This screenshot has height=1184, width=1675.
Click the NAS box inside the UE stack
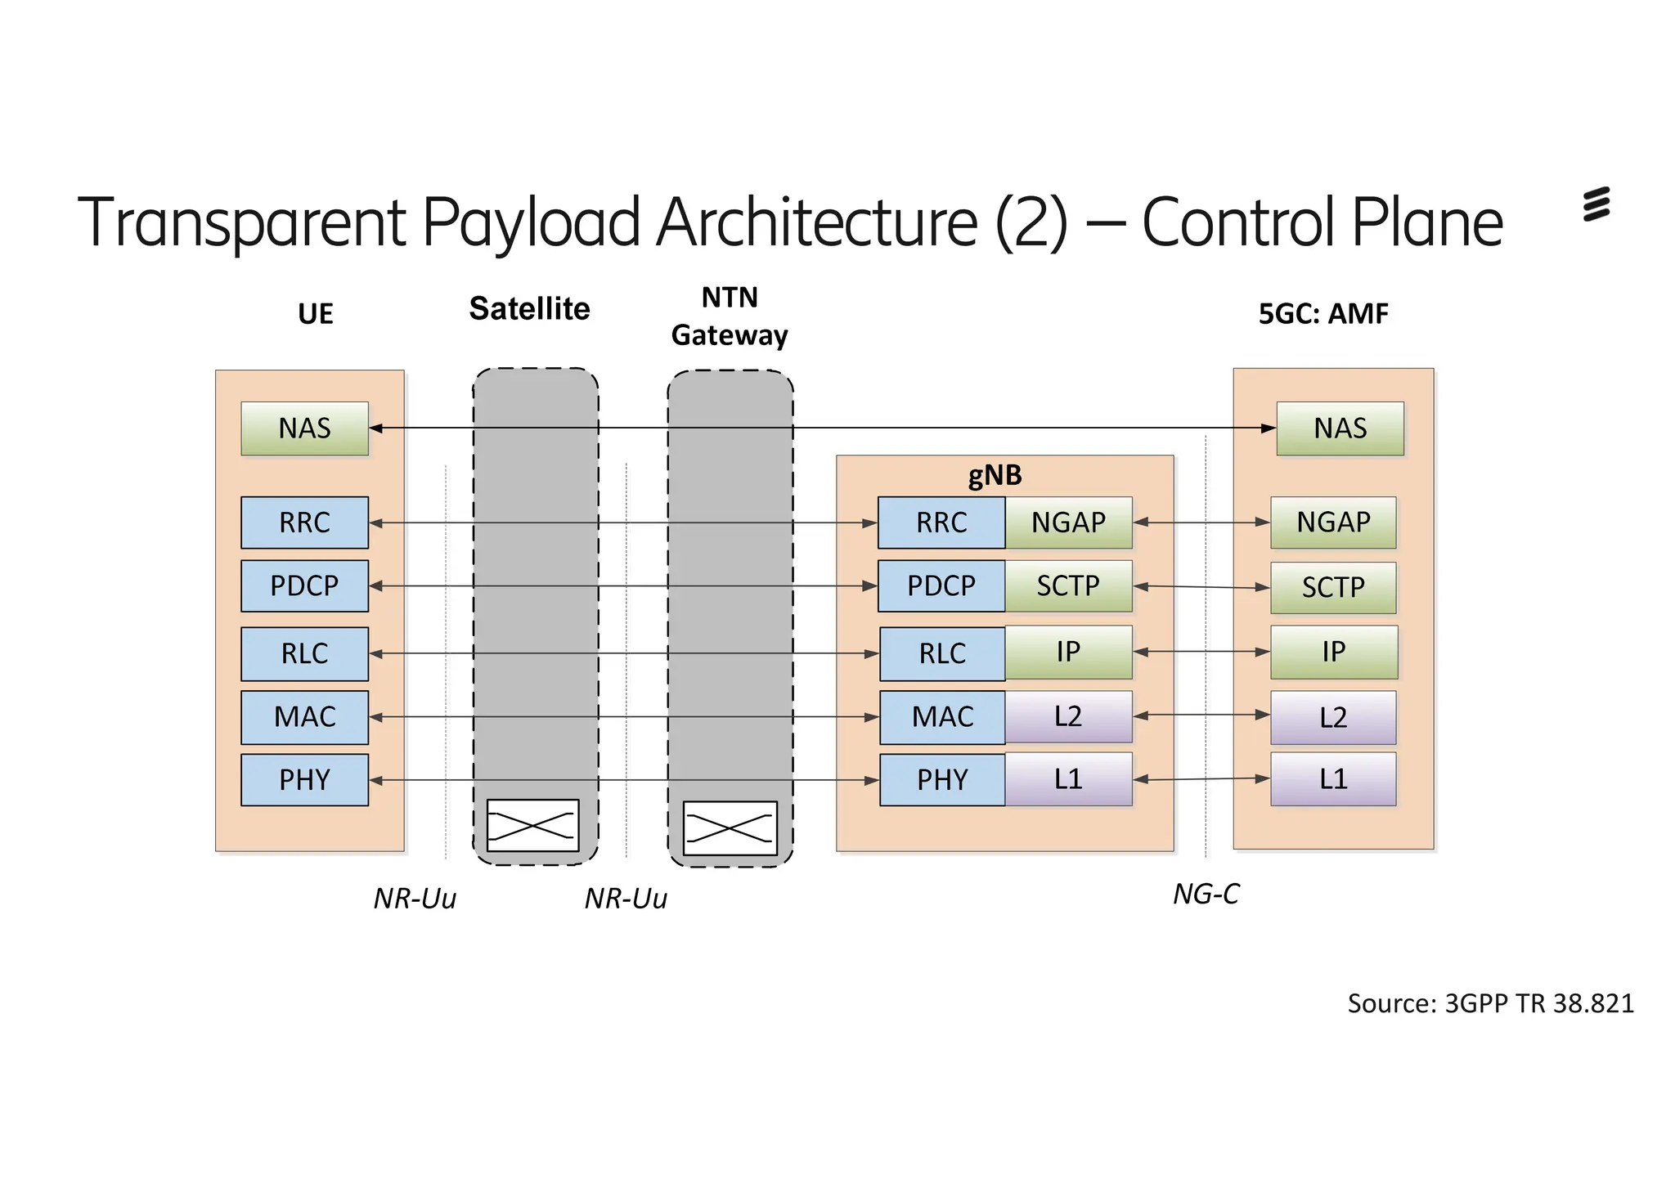coord(304,428)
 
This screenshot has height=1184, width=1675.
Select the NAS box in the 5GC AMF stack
coord(1340,428)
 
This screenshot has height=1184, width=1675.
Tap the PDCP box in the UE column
coord(304,585)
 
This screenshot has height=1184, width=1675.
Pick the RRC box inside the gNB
coord(941,522)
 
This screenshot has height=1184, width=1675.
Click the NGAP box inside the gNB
coord(1068,522)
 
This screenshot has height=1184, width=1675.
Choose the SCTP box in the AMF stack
coord(1333,587)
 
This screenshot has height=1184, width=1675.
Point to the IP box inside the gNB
coord(1068,652)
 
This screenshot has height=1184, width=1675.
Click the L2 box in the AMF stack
coord(1333,717)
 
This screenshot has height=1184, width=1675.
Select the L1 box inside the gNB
coord(1068,779)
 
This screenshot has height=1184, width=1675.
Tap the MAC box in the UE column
coord(304,717)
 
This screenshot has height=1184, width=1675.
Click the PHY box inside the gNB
coord(942,780)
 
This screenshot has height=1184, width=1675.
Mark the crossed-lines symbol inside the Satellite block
coord(532,826)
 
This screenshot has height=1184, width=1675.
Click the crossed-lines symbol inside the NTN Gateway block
coord(730,828)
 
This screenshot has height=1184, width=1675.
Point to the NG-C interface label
coord(1206,894)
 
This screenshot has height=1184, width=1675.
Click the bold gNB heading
coord(995,475)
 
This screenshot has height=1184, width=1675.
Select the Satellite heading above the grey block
coord(529,309)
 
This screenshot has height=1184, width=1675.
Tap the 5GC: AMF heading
coord(1323,313)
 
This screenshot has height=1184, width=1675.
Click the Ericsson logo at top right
coord(1596,204)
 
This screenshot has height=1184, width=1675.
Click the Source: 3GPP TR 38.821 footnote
coord(1490,1003)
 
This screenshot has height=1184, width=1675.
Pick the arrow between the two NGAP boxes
coord(1201,522)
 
